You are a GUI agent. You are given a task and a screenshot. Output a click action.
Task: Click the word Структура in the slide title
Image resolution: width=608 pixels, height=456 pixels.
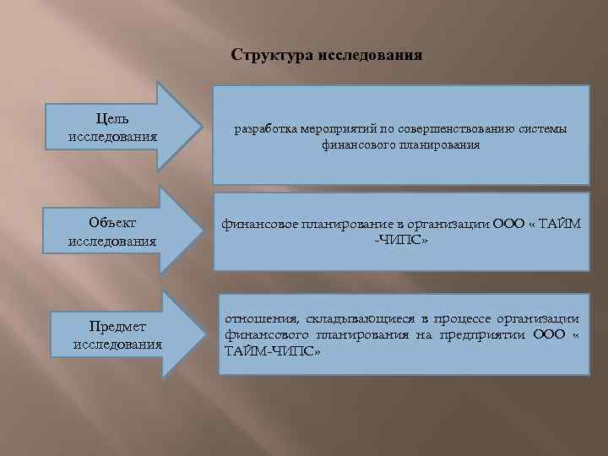point(271,56)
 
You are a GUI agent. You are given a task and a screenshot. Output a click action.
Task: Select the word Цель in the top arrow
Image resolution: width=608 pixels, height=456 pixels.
point(113,120)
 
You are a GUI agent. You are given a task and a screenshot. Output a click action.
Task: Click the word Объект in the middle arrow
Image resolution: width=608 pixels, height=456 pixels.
point(113,223)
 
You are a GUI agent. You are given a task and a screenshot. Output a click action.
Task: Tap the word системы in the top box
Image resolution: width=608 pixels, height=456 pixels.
point(540,128)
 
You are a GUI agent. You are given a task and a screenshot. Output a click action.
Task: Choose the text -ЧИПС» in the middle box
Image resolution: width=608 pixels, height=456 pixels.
point(401,241)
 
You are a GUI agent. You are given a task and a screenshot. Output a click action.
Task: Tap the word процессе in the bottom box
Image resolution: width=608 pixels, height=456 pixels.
point(465,318)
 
